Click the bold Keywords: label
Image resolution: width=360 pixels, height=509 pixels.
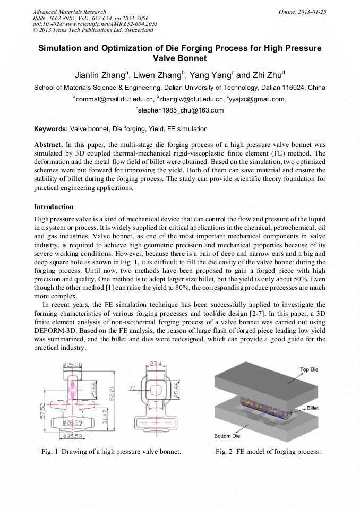click(51, 129)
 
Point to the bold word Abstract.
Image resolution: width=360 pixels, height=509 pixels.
click(48, 145)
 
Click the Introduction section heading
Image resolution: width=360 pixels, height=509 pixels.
click(54, 206)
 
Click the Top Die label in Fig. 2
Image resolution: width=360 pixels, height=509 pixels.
click(312, 369)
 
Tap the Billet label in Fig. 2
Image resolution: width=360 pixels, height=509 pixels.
click(313, 408)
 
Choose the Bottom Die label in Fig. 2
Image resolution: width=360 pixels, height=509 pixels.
click(227, 436)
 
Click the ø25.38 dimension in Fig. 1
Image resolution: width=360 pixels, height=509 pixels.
click(72, 365)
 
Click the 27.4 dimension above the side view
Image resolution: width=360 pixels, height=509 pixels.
click(155, 364)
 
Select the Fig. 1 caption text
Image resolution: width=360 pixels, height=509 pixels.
click(111, 452)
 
